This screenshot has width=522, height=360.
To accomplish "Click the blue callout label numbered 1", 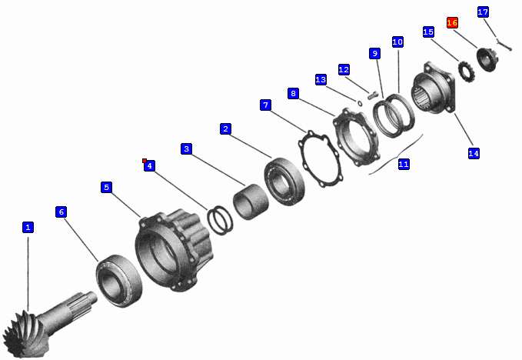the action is pos(28,228).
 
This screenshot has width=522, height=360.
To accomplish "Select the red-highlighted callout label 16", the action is pos(452,22).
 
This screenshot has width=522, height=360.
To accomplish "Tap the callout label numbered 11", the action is pos(404,164).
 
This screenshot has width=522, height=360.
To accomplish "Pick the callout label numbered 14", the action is pos(474,153).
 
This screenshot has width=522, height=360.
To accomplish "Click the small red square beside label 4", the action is pos(145,161).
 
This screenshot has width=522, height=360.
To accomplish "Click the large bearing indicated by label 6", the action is pos(119,281).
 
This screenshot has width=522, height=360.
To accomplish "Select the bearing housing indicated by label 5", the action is pos(174,250).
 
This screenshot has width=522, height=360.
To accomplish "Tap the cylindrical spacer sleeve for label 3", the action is pos(251,202).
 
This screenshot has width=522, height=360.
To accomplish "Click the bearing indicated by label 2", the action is pos(284,182).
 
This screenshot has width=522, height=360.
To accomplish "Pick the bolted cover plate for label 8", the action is pos(355,137).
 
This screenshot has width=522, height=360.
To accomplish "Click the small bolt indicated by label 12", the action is pos(373,95).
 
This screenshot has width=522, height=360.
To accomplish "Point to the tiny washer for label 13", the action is pos(360,103).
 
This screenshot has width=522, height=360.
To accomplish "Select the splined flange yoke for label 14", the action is pos(434,88).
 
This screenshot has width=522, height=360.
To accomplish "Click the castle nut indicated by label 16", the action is pos(487,59).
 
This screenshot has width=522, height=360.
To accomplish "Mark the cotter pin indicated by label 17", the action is pos(504,45).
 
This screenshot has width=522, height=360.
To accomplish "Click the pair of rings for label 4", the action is pos(220,221).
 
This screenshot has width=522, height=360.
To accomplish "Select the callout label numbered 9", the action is pos(375,53).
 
